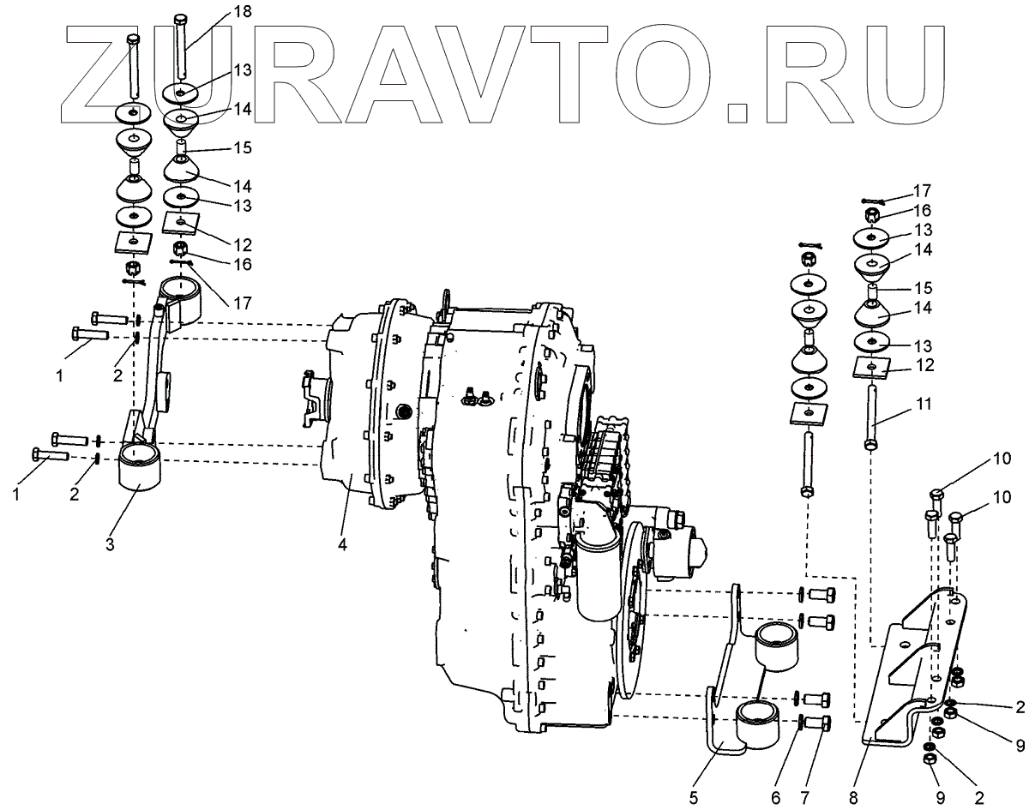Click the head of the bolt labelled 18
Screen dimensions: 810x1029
coord(180,18)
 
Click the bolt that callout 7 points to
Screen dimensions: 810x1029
coord(819,723)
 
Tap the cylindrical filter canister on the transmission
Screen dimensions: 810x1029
coord(597,577)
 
